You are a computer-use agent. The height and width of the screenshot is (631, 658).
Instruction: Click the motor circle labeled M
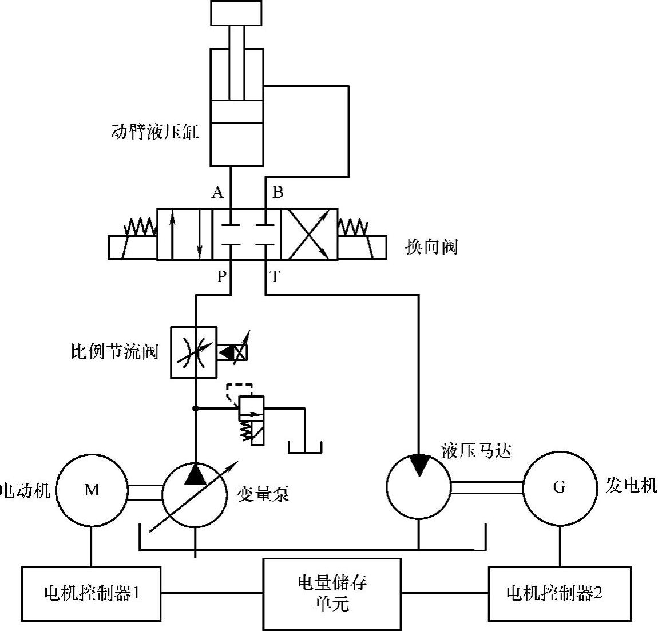click(92, 490)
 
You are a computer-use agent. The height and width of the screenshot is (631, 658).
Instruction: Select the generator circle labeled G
click(559, 487)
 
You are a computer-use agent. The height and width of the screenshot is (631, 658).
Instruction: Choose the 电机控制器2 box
click(560, 594)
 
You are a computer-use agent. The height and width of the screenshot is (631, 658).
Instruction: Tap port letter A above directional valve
click(217, 193)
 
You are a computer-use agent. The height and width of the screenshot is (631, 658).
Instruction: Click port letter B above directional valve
click(278, 192)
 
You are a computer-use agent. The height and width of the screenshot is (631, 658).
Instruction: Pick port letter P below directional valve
click(221, 277)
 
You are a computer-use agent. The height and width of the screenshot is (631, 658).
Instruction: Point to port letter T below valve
click(275, 277)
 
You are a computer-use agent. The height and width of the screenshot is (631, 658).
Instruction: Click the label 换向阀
click(431, 247)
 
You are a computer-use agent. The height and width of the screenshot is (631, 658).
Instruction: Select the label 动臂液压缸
click(154, 133)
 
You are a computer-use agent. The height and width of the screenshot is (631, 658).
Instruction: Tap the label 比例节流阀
click(114, 351)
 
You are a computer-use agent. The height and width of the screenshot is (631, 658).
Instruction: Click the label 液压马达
click(476, 451)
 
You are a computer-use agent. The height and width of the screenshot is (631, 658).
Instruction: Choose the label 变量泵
click(263, 494)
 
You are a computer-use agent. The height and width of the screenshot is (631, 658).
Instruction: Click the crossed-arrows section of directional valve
click(309, 235)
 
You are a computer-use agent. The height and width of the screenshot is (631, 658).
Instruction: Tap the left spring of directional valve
click(141, 227)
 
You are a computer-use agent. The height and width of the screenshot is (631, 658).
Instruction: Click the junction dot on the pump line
click(196, 408)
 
